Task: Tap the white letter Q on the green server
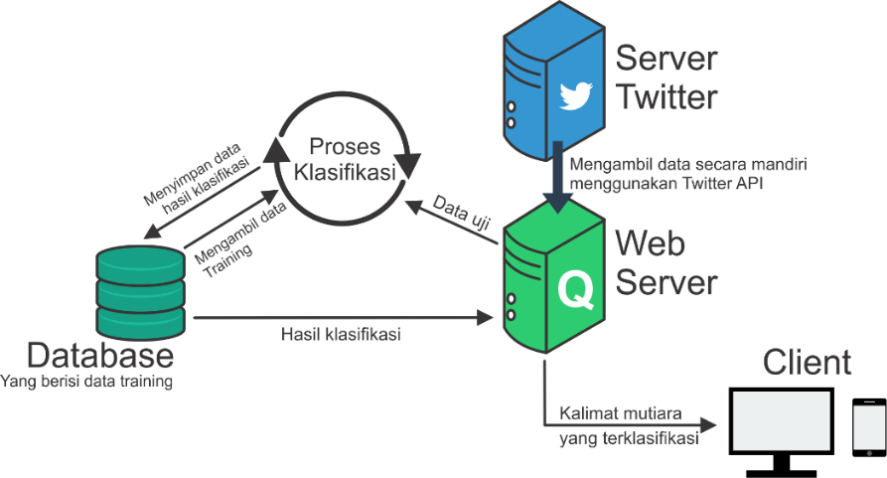pos(575,289)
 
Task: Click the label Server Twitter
pos(666,78)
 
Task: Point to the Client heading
pos(807,363)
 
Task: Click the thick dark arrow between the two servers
pos(559,184)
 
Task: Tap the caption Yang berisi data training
pos(87,382)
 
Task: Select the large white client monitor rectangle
pos(781,420)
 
